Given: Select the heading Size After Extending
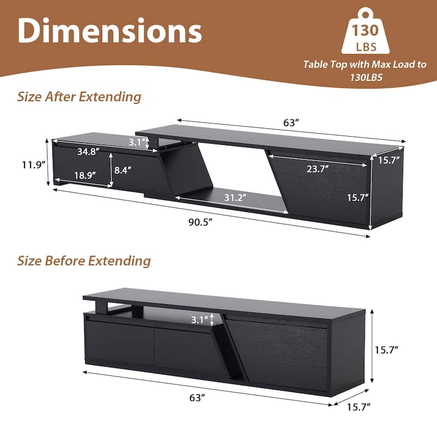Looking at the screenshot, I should (x=79, y=97).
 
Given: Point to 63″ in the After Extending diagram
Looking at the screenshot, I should (x=291, y=123).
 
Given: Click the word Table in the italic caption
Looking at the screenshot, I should (x=317, y=64).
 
